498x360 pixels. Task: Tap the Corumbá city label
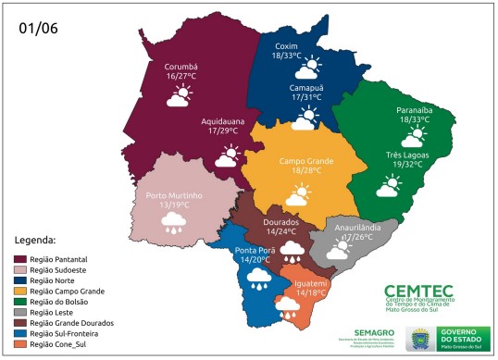click(x=181, y=67)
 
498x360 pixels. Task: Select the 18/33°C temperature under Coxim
click(x=291, y=56)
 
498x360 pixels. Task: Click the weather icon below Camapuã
click(x=305, y=118)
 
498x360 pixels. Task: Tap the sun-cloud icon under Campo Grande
click(x=298, y=194)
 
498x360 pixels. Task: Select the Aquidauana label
click(x=223, y=122)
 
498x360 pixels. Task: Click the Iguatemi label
click(x=310, y=282)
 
